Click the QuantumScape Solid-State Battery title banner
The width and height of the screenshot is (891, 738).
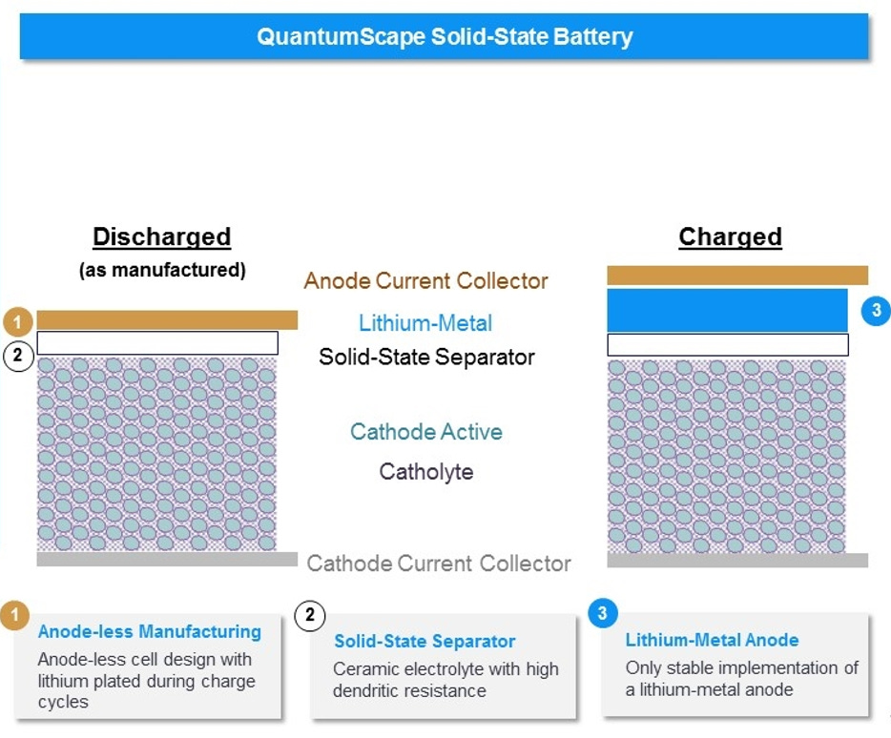445,37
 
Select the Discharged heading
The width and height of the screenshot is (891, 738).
161,236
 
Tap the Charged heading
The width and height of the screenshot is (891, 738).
730,236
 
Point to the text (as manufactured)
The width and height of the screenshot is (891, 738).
161,270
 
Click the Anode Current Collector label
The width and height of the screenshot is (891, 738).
425,281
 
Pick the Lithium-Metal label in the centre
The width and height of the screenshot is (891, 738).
425,322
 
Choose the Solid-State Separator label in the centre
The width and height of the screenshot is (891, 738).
426,358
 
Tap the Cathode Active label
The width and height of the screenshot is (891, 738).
425,432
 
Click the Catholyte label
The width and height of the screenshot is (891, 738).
425,471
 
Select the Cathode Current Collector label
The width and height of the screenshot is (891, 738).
439,564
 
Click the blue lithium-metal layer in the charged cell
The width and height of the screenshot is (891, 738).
727,310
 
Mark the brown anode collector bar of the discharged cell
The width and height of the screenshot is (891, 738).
167,319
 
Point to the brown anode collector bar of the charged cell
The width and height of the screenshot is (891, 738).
737,276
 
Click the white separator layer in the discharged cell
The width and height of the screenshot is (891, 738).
157,343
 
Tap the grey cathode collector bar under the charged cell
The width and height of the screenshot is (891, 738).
737,561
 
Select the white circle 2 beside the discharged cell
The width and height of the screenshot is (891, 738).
18,357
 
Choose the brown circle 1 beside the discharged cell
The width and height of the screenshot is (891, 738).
18,320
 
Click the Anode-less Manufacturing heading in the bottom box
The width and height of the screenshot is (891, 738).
149,631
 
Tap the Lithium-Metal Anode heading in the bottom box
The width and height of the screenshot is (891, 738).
712,640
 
